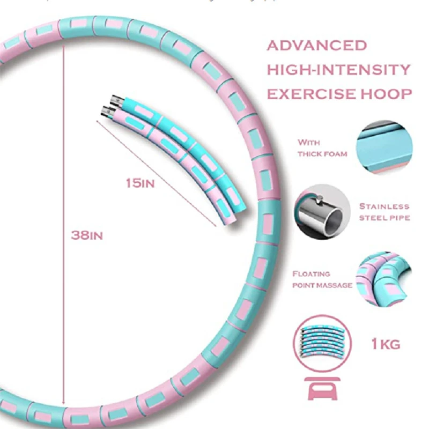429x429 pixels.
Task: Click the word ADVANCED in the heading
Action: [317, 45]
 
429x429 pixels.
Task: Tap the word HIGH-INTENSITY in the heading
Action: [339, 70]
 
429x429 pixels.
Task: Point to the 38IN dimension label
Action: [87, 235]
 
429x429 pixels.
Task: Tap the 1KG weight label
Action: [386, 344]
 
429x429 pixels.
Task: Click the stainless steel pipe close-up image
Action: [320, 212]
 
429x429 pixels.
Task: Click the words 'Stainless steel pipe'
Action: [384, 212]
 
